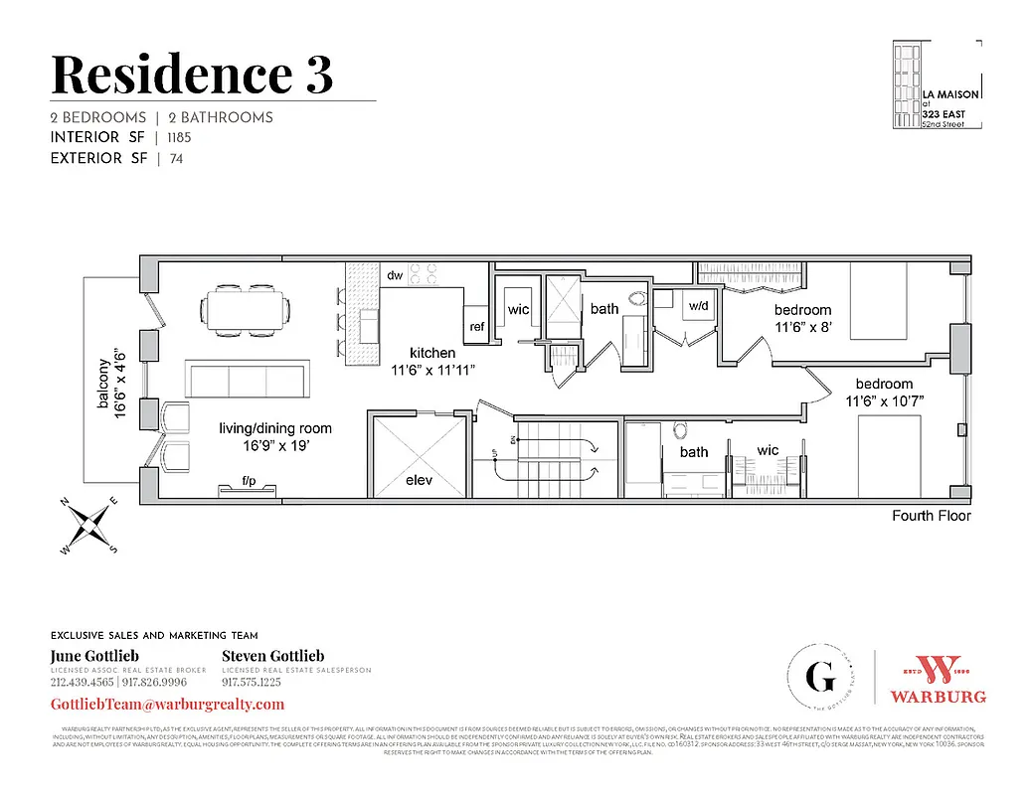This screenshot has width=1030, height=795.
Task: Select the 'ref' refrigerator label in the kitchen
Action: pyautogui.click(x=477, y=326)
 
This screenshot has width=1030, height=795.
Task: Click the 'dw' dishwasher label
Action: pyautogui.click(x=394, y=275)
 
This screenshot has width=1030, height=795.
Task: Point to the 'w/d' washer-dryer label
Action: pyautogui.click(x=699, y=305)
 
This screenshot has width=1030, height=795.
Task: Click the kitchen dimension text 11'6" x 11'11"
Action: pyautogui.click(x=432, y=370)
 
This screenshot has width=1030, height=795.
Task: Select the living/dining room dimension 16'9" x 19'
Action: pyautogui.click(x=275, y=446)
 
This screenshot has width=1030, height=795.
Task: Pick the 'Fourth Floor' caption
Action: pyautogui.click(x=931, y=516)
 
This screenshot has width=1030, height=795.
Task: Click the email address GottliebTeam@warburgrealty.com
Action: pyautogui.click(x=167, y=704)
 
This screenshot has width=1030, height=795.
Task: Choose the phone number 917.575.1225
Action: pyautogui.click(x=251, y=683)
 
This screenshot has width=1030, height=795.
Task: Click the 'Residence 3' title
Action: pyautogui.click(x=191, y=74)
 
